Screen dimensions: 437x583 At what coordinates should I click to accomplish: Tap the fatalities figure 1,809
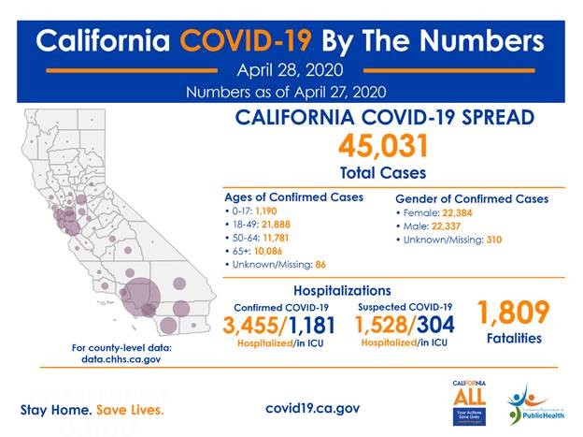tap(513, 313)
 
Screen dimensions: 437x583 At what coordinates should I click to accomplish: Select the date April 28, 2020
tap(291, 70)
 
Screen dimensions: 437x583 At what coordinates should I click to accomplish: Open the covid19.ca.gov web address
tap(313, 409)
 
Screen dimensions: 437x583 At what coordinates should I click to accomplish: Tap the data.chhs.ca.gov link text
tap(121, 358)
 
